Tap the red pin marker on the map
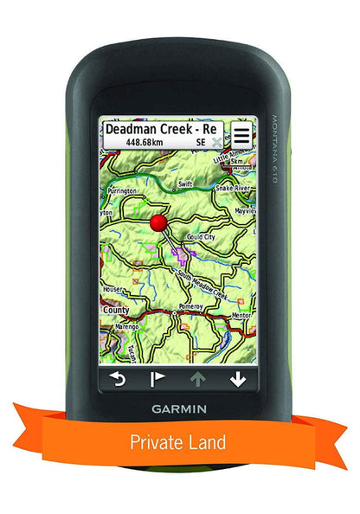tap(158, 223)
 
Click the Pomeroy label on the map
tap(190, 305)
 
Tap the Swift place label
tap(184, 184)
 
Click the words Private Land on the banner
tap(178, 442)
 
